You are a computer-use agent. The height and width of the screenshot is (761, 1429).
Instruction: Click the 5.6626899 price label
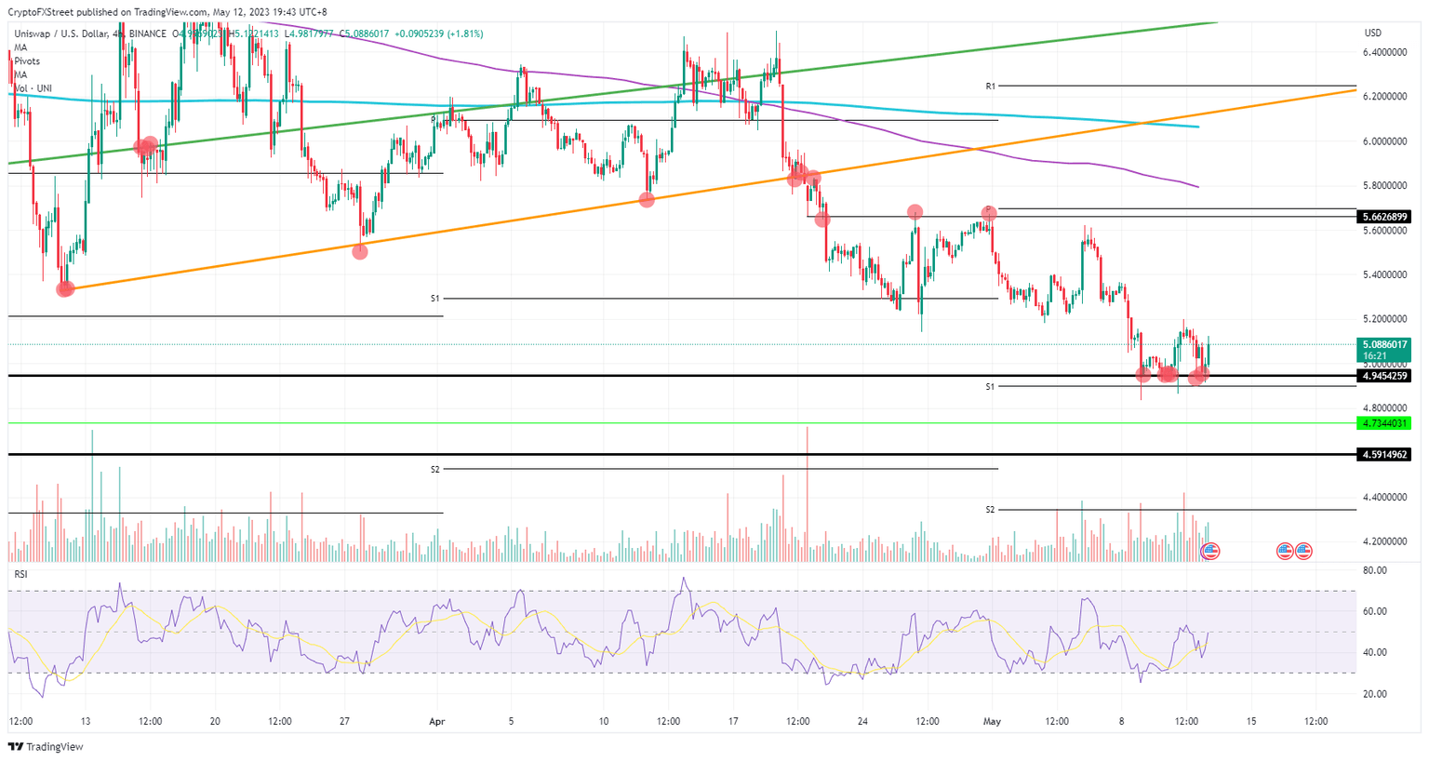click(1385, 217)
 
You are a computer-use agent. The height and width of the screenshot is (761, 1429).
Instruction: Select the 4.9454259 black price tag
click(1385, 376)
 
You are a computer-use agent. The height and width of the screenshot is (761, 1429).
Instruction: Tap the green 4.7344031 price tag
click(1385, 423)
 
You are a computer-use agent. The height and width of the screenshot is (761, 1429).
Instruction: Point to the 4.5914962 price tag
click(1385, 455)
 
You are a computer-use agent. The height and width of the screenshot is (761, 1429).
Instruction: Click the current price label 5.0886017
click(1385, 344)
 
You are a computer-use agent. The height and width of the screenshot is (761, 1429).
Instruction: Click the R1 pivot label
click(991, 87)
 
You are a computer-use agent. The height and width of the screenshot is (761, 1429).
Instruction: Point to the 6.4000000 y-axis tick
click(1384, 53)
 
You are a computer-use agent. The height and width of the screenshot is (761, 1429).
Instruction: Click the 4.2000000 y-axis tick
click(1384, 541)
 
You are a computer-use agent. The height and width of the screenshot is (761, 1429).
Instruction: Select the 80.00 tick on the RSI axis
click(1374, 570)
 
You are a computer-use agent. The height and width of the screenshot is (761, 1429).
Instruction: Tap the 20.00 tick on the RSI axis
click(1374, 694)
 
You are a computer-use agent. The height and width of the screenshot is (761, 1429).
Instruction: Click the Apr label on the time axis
click(437, 721)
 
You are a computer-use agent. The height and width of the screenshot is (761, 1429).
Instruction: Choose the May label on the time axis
click(992, 721)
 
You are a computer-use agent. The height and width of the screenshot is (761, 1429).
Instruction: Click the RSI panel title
click(20, 574)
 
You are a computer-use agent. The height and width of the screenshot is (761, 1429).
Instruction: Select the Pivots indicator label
click(27, 61)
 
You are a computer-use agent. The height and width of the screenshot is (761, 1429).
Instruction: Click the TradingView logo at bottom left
click(46, 747)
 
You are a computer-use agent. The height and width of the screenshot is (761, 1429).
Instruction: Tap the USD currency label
click(1372, 33)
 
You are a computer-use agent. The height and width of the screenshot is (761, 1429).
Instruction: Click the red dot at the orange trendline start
click(64, 289)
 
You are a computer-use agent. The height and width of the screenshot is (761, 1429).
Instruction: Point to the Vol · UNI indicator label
click(33, 88)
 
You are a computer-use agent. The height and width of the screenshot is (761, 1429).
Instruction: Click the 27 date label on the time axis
click(344, 721)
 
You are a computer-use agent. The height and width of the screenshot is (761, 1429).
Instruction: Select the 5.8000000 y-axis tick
click(1384, 186)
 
